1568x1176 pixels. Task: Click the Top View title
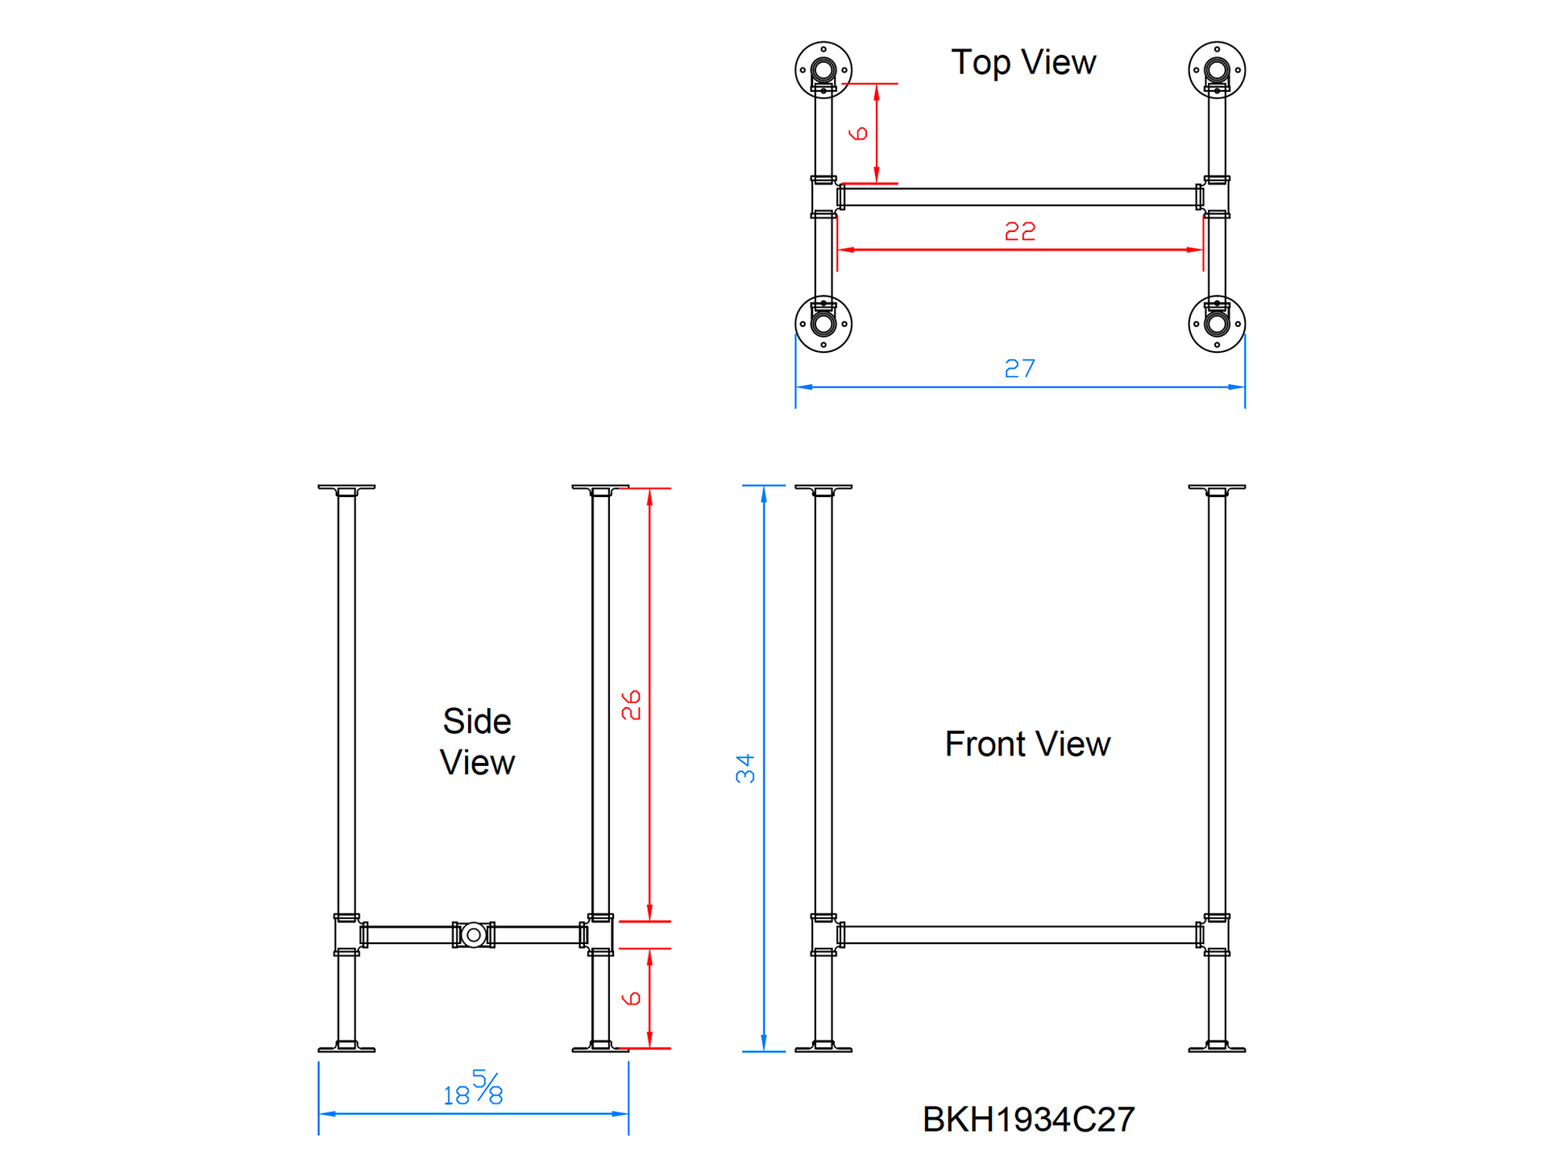(1023, 63)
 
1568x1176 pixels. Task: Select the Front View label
(1027, 743)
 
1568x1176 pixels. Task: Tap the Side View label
(477, 742)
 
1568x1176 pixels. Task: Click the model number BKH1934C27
(1028, 1119)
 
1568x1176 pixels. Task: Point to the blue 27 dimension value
(1019, 368)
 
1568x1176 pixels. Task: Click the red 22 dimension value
(1019, 232)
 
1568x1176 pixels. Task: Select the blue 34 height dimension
(745, 768)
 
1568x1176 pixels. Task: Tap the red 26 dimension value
(631, 705)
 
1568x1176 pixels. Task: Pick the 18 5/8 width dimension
(474, 1088)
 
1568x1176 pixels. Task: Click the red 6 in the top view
(859, 133)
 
